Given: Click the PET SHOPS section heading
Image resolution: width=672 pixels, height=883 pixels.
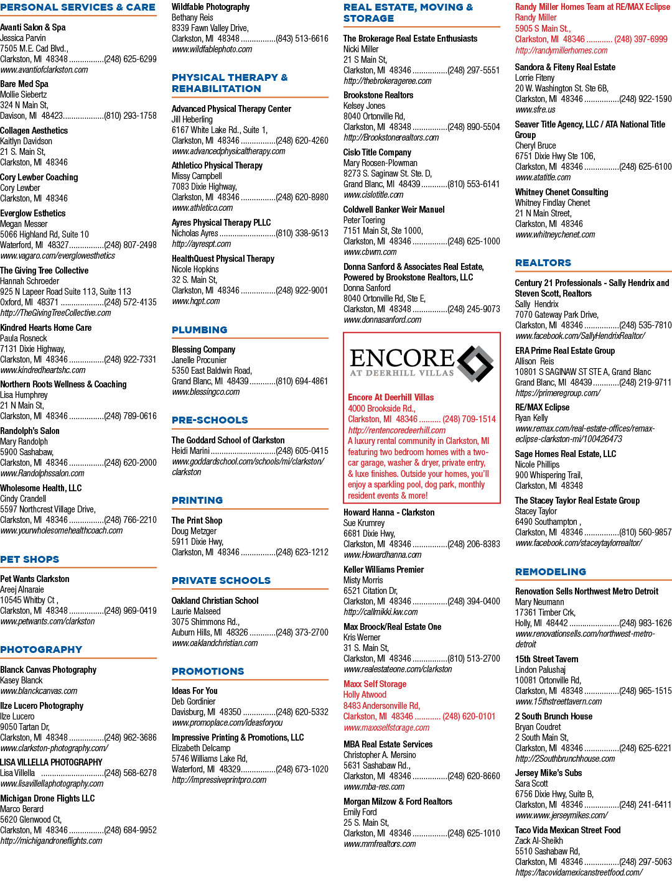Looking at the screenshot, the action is (29, 559).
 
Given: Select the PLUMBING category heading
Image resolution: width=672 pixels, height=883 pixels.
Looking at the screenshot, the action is (199, 330).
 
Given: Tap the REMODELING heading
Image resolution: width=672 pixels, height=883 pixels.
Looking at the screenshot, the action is (551, 571).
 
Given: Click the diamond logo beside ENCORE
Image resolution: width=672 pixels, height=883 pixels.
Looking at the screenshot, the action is (475, 364).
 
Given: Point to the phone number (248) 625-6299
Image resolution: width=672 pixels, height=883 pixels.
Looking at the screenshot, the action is (130, 59).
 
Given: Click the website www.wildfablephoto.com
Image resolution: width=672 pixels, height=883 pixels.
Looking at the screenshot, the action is (212, 49).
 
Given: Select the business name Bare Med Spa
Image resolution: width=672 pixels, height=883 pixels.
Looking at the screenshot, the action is (24, 84).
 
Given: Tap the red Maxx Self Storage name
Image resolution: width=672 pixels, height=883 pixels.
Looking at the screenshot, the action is (375, 684).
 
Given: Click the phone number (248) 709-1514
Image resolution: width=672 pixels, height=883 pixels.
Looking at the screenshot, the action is (469, 419).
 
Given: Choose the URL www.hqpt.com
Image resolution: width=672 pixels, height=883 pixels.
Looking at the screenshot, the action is (196, 301).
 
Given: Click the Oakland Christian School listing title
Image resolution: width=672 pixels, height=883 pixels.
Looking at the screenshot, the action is (215, 601).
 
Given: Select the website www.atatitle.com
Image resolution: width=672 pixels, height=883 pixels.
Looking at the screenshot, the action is (543, 177).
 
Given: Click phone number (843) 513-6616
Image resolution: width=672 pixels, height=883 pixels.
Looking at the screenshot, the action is (302, 39).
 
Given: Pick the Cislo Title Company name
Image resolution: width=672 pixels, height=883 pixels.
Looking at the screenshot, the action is (377, 152).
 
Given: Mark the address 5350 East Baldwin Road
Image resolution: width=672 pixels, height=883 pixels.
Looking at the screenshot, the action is (212, 371).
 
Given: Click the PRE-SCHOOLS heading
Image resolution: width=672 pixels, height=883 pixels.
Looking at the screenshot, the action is (210, 420).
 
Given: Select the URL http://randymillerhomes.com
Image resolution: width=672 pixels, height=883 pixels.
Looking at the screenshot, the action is (561, 50).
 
